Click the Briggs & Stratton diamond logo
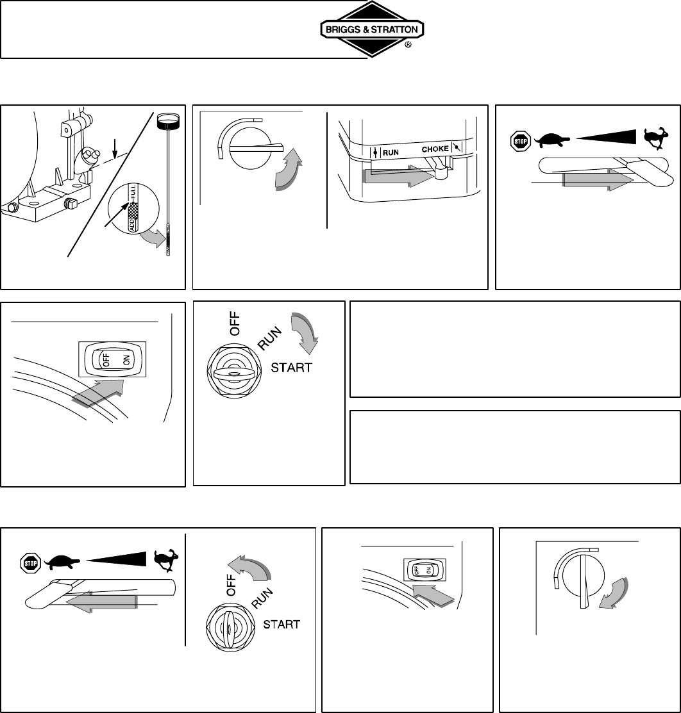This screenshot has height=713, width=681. pos(372,29)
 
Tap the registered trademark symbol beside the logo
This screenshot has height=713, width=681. pos(408,45)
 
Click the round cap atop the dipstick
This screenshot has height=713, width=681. pos(169,120)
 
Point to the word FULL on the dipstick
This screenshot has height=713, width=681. pos(133,193)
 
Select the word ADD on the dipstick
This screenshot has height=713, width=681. pos(133,225)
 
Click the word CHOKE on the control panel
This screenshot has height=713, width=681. pos(435,149)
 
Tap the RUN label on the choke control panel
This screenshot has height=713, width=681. pos(391,152)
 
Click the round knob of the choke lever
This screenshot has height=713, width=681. pos(441,172)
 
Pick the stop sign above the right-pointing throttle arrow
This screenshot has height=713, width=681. pos(520,141)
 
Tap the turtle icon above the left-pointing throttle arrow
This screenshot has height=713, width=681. pos(62,562)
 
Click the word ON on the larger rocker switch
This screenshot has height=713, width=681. pos(126,360)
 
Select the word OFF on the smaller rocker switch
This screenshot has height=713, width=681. pos(416,569)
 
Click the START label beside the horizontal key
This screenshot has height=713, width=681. pos(291,368)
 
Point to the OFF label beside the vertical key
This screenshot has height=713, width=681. pos(231,586)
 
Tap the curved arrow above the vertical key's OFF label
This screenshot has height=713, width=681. pos(249,568)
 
